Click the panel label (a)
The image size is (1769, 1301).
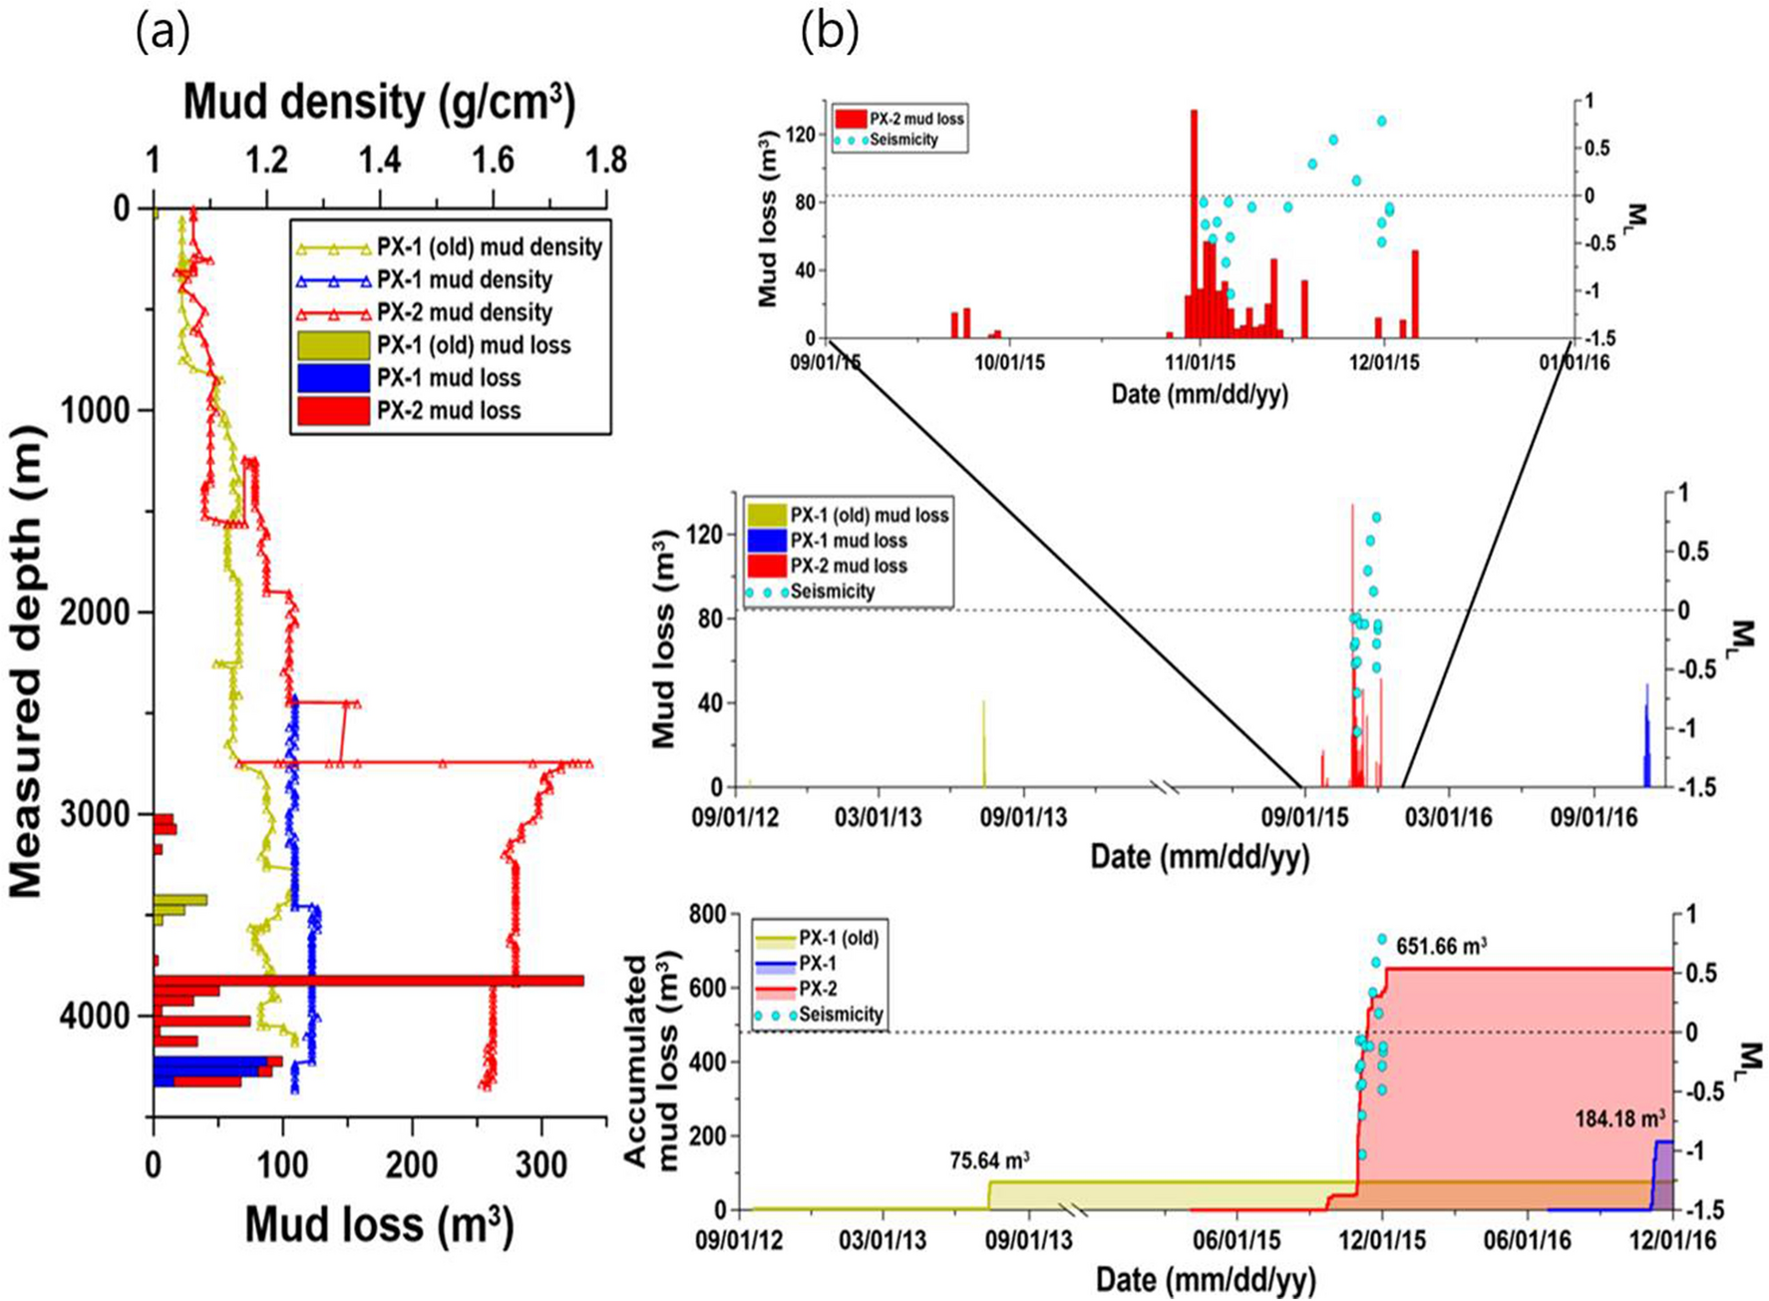(163, 33)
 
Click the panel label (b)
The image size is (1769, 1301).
(829, 33)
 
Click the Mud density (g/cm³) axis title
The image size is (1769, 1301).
(379, 103)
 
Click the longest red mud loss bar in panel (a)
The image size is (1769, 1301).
(369, 981)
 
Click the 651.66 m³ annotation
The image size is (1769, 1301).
(1441, 946)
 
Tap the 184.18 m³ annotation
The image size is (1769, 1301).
(1620, 1119)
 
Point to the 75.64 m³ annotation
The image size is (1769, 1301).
(989, 1160)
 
